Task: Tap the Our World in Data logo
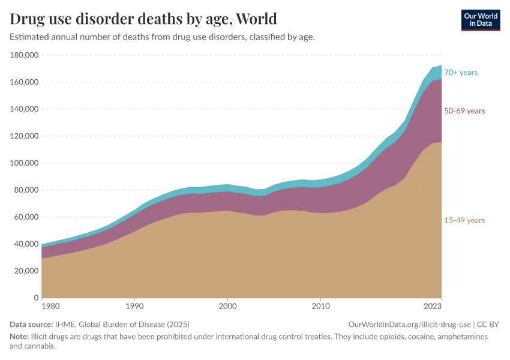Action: click(480, 20)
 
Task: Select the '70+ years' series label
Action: click(460, 73)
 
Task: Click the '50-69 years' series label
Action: click(464, 111)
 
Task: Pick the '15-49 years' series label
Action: click(464, 220)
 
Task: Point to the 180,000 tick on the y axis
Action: click(25, 55)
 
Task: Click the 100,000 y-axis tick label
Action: click(25, 163)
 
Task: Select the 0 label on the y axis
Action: click(37, 298)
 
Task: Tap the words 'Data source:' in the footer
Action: click(31, 324)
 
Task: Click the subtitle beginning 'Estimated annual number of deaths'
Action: click(162, 37)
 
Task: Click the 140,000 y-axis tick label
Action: click(25, 109)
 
